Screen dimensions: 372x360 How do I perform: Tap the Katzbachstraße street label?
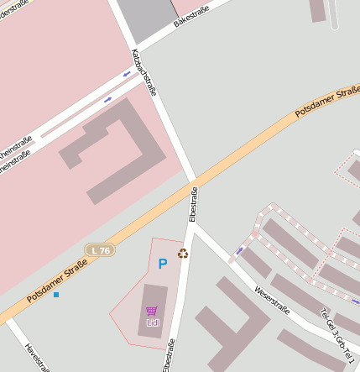click(x=144, y=72)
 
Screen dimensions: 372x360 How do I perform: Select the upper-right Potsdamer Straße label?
click(x=328, y=102)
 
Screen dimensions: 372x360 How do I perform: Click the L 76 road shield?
click(x=100, y=250)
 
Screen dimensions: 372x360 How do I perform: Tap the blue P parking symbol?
click(x=162, y=264)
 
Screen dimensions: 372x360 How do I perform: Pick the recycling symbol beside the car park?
click(x=182, y=253)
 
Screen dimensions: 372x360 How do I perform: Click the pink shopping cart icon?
click(x=152, y=311)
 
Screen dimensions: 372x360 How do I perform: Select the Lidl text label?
click(x=152, y=322)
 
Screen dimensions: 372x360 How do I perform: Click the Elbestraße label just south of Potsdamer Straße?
click(x=194, y=204)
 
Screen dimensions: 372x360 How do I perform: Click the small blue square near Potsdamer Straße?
click(x=56, y=295)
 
